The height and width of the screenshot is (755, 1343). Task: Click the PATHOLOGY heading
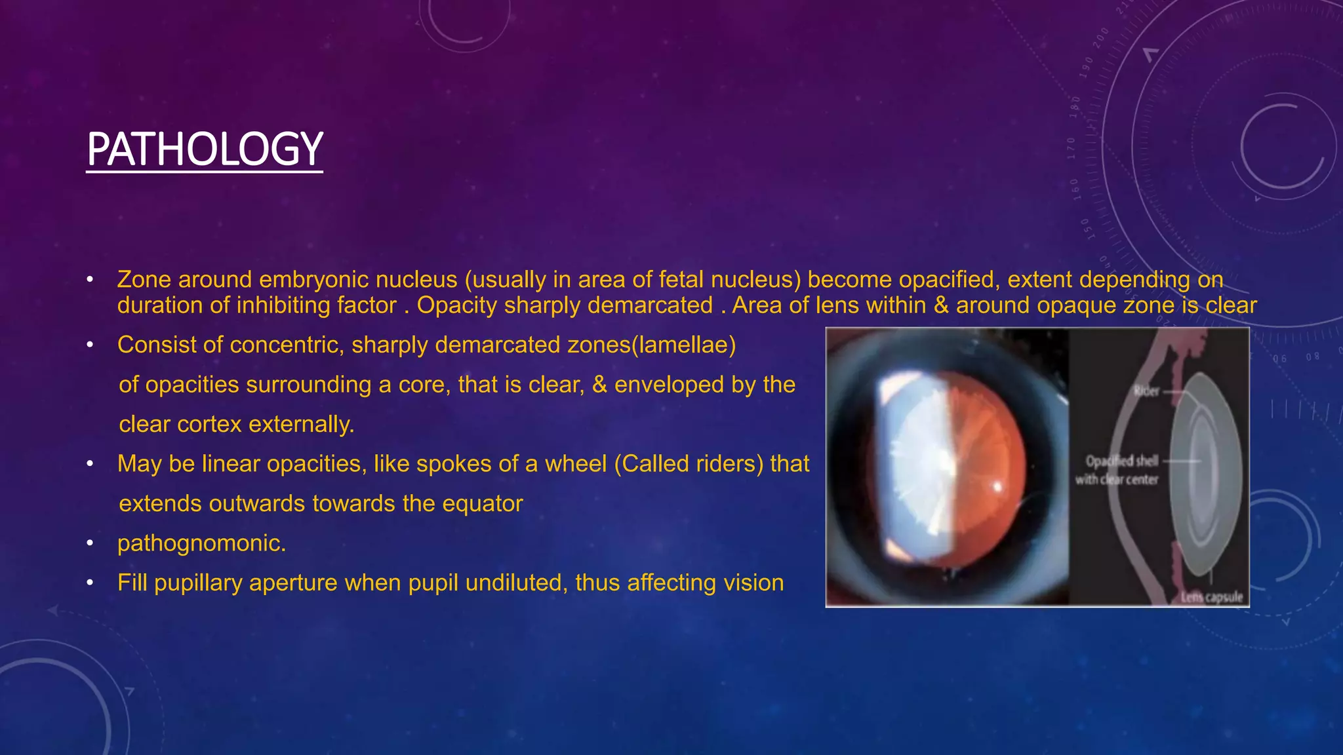[x=205, y=149]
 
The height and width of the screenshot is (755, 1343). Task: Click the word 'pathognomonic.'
[x=201, y=543]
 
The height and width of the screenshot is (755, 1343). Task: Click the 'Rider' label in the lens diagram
[x=1146, y=391]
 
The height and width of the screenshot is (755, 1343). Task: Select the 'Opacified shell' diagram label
[x=1121, y=461]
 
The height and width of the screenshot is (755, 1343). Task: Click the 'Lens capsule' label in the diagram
[x=1212, y=597]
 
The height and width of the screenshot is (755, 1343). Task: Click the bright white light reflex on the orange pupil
[x=998, y=487]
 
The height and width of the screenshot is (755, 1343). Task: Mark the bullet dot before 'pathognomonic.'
[x=90, y=543]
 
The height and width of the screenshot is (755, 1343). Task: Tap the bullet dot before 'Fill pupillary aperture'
[x=90, y=583]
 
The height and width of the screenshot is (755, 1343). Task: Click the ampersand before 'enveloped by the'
[x=599, y=385]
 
